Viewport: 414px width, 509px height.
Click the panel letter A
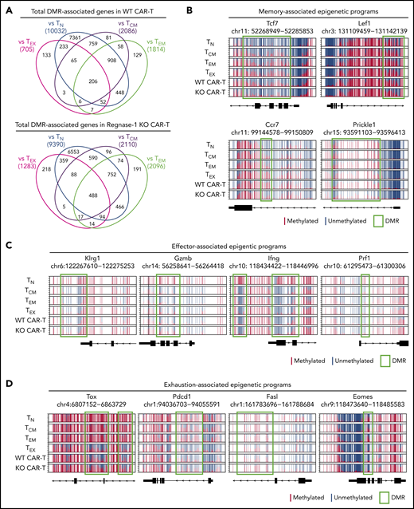tap(6, 7)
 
